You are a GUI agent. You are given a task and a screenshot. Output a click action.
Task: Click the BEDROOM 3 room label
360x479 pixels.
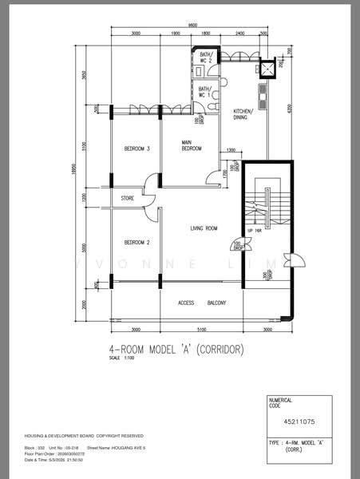(x=137, y=149)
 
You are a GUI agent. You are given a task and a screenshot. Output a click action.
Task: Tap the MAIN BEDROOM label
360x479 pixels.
(x=191, y=146)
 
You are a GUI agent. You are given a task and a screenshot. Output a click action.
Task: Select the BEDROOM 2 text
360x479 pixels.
(x=137, y=242)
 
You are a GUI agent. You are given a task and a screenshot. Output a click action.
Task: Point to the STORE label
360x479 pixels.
(x=127, y=198)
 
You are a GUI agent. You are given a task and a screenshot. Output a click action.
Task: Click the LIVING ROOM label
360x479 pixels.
(x=204, y=229)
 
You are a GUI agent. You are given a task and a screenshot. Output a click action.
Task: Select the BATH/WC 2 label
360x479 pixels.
(x=205, y=57)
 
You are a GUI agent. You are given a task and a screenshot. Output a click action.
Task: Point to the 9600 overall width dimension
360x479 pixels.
(x=193, y=26)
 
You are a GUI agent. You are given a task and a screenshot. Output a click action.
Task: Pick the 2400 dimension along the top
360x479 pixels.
(x=240, y=34)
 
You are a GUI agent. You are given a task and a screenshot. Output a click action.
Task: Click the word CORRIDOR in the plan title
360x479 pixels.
(x=217, y=350)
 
